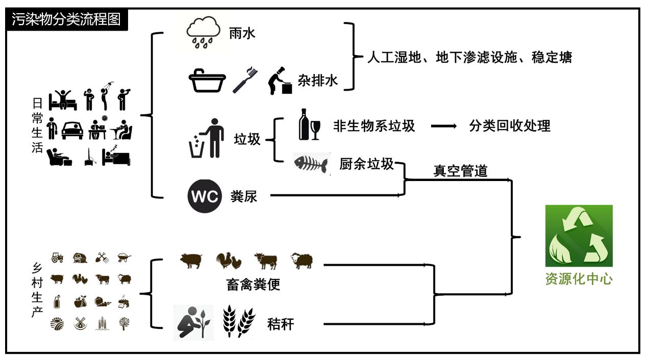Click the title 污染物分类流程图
point(66,20)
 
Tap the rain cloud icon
point(203,31)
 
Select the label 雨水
point(242,34)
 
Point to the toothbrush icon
point(245,79)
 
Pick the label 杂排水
point(317,81)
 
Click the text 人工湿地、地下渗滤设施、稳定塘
point(469,57)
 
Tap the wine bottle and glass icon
point(309,124)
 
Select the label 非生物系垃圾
point(374,126)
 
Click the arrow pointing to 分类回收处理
point(443,126)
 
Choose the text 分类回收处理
point(510,126)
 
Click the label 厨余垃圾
point(366,164)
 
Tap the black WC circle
point(204,196)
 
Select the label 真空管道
point(460,171)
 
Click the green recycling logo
point(579,236)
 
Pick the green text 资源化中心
point(579,279)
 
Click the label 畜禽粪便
point(253,284)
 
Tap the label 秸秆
point(281,324)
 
